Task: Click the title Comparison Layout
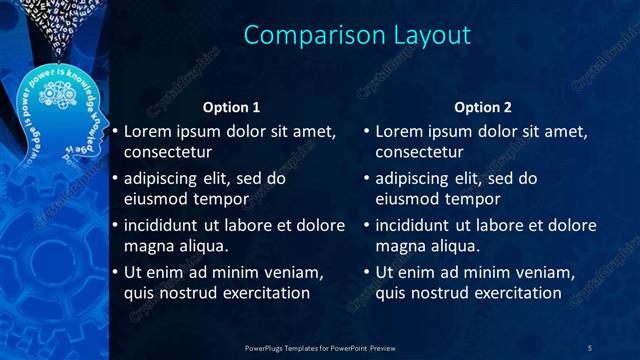point(357,35)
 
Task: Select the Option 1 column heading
point(231,107)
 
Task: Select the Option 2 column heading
point(483,107)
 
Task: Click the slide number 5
point(590,347)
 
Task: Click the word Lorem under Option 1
point(148,131)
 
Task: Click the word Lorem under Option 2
point(400,131)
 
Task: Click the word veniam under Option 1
point(291,272)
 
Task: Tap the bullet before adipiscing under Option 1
point(115,180)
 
